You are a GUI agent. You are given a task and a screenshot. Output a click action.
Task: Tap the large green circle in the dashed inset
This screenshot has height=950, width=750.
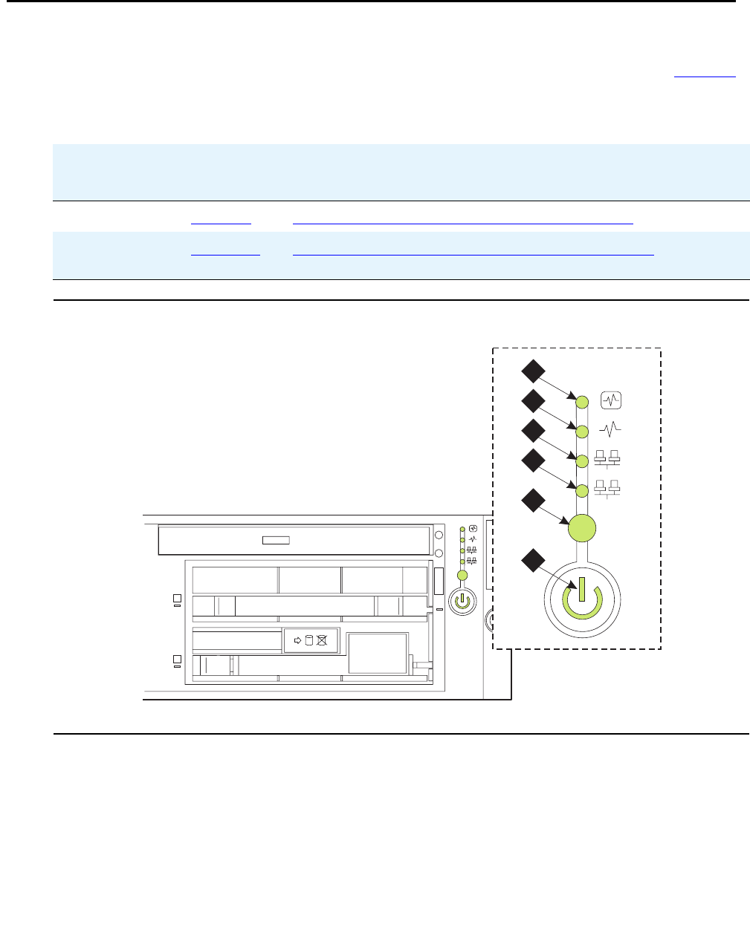click(582, 529)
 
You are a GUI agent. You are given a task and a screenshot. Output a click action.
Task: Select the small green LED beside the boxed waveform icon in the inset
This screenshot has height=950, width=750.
click(583, 402)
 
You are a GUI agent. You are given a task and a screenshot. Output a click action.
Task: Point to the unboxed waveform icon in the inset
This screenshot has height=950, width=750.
click(609, 429)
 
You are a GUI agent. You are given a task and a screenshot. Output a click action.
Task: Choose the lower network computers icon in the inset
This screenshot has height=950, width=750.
click(608, 489)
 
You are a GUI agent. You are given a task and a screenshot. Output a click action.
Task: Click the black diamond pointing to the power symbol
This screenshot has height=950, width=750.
click(532, 560)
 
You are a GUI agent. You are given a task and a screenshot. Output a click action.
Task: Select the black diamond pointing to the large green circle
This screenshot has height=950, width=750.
click(532, 501)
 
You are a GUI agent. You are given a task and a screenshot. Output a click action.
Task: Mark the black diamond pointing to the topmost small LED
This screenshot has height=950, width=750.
click(532, 371)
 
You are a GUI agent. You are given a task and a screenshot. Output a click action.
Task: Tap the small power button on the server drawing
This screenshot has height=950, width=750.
click(462, 598)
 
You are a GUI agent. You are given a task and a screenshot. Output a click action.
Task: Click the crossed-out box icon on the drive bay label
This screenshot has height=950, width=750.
click(322, 640)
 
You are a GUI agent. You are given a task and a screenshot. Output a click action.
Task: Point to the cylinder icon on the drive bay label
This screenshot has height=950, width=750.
click(309, 640)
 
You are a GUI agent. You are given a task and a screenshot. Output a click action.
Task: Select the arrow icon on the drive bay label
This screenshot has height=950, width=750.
click(297, 640)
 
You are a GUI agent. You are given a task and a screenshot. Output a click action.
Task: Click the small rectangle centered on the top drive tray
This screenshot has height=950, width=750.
click(276, 540)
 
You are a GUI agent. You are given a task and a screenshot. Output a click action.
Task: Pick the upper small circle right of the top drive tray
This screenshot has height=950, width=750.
click(439, 535)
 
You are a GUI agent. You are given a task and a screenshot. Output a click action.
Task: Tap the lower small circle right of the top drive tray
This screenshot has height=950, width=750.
click(439, 553)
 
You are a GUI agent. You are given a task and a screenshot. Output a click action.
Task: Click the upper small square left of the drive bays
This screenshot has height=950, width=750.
click(178, 598)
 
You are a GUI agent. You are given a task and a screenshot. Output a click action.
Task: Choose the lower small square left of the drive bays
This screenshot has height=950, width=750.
click(178, 659)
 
